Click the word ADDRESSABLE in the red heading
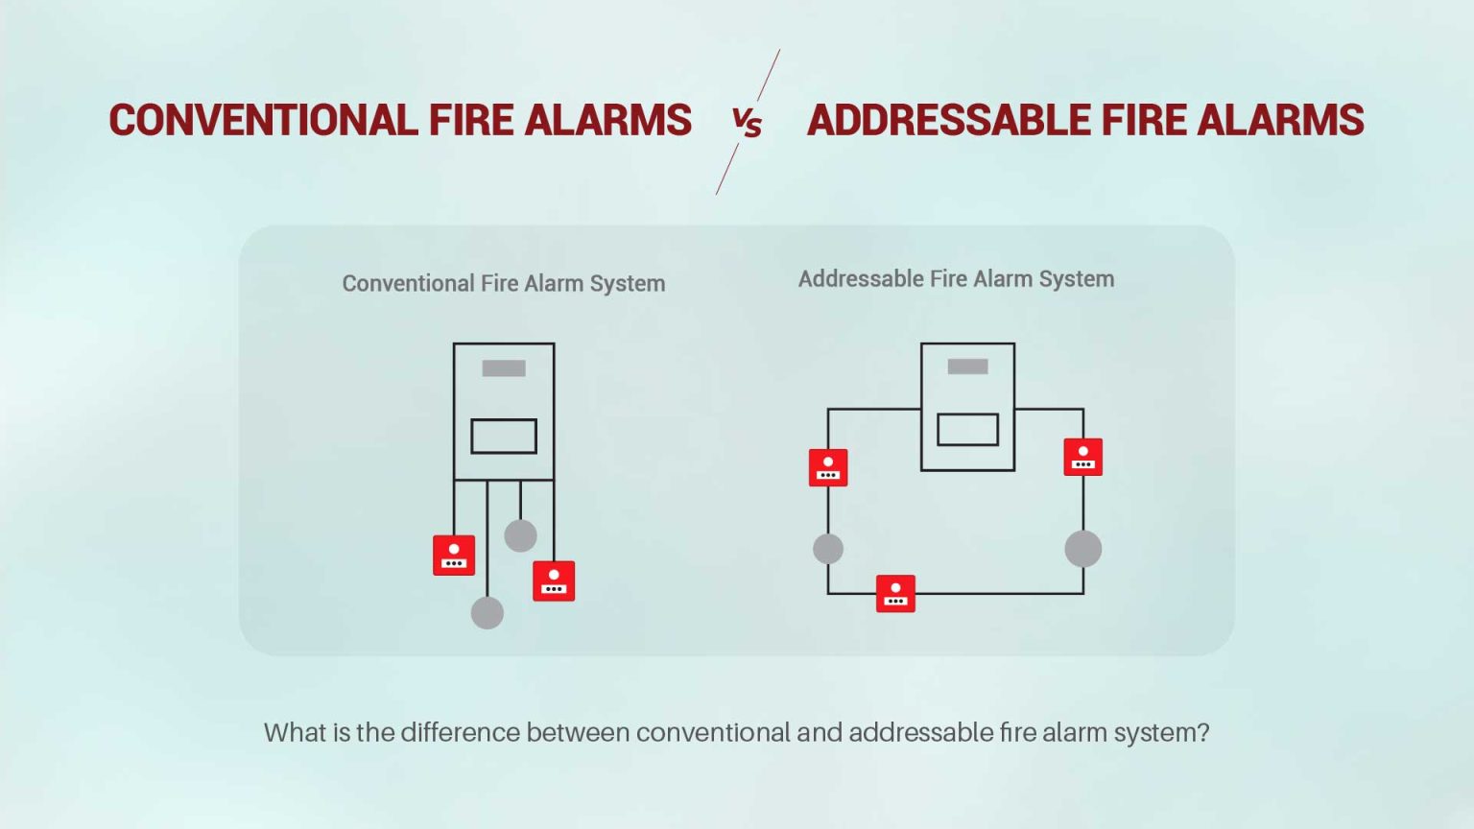tap(948, 120)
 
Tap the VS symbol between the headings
tap(747, 123)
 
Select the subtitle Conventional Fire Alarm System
tap(504, 284)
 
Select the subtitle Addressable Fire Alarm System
tap(956, 279)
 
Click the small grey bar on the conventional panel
tap(504, 367)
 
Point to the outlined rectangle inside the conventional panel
tap(504, 437)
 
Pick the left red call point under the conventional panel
tap(453, 556)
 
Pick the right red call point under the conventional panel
tap(554, 580)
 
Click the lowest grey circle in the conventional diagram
tap(487, 612)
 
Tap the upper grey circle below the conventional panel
tap(520, 534)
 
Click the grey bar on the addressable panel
tap(967, 367)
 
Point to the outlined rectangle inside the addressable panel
tap(967, 430)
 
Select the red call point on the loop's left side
tap(828, 468)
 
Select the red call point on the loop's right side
tap(1083, 458)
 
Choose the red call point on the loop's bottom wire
tap(895, 594)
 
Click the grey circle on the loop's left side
tap(828, 549)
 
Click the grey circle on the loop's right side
tap(1083, 549)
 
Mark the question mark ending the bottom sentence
tap(1203, 732)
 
